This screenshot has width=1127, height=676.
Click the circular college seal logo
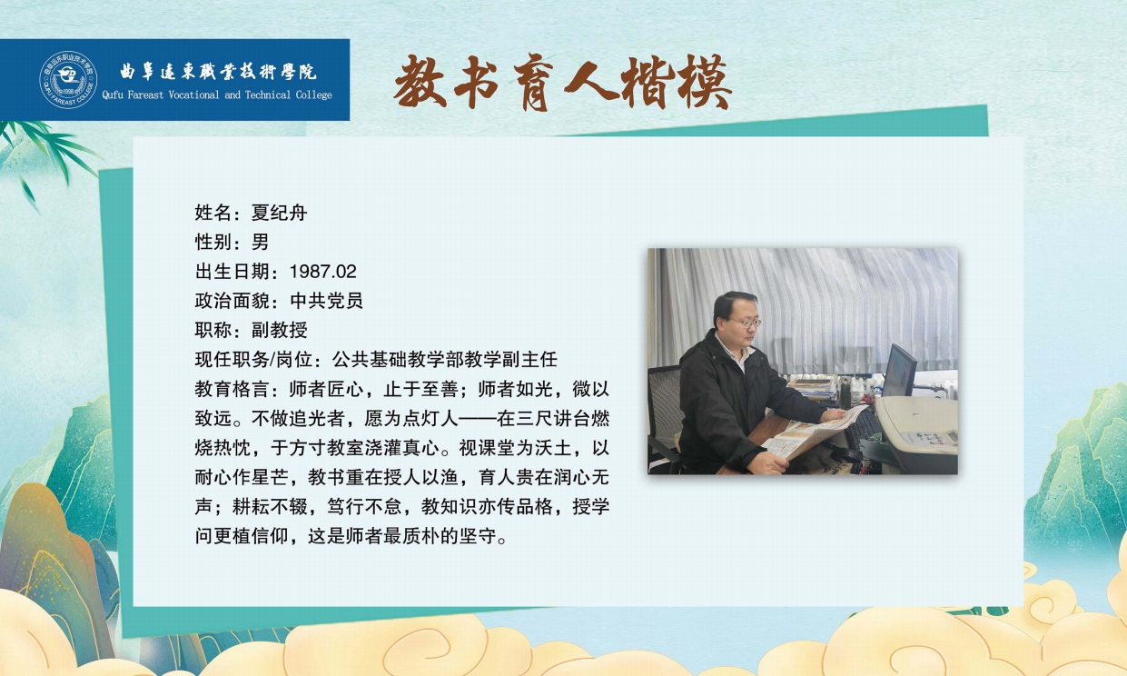coord(68,80)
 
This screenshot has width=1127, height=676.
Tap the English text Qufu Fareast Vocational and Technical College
coord(217,94)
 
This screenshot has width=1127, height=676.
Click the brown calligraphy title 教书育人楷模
coord(562,83)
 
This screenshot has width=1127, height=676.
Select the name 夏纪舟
coord(279,213)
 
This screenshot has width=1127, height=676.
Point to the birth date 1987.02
coord(323,272)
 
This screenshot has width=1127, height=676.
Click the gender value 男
coord(260,242)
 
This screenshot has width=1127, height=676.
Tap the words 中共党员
coord(327,301)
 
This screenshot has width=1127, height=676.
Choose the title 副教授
coord(279,330)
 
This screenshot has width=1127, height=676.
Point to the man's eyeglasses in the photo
coord(746,323)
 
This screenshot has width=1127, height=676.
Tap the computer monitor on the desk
coord(899,372)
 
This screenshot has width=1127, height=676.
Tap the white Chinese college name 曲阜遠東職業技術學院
coord(218,72)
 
